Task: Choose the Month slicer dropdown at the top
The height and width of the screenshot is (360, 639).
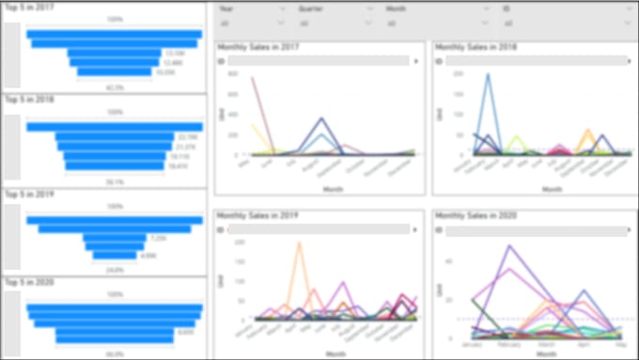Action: coord(437,23)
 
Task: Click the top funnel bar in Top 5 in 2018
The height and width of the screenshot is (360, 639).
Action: coord(115,127)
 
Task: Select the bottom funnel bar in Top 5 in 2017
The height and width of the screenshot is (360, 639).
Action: coord(114,71)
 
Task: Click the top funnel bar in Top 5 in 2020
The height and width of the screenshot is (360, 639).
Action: coord(115,307)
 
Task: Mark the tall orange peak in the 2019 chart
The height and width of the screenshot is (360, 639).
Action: coord(300,243)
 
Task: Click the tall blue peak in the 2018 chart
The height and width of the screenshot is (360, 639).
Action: coord(488,75)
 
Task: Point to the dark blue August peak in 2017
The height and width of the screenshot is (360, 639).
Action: coord(321,119)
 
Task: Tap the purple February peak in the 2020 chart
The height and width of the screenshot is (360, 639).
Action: coord(510,247)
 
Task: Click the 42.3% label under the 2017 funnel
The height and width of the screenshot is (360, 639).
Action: coord(115,86)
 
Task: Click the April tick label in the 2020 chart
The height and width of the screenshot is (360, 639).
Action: coord(583,345)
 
